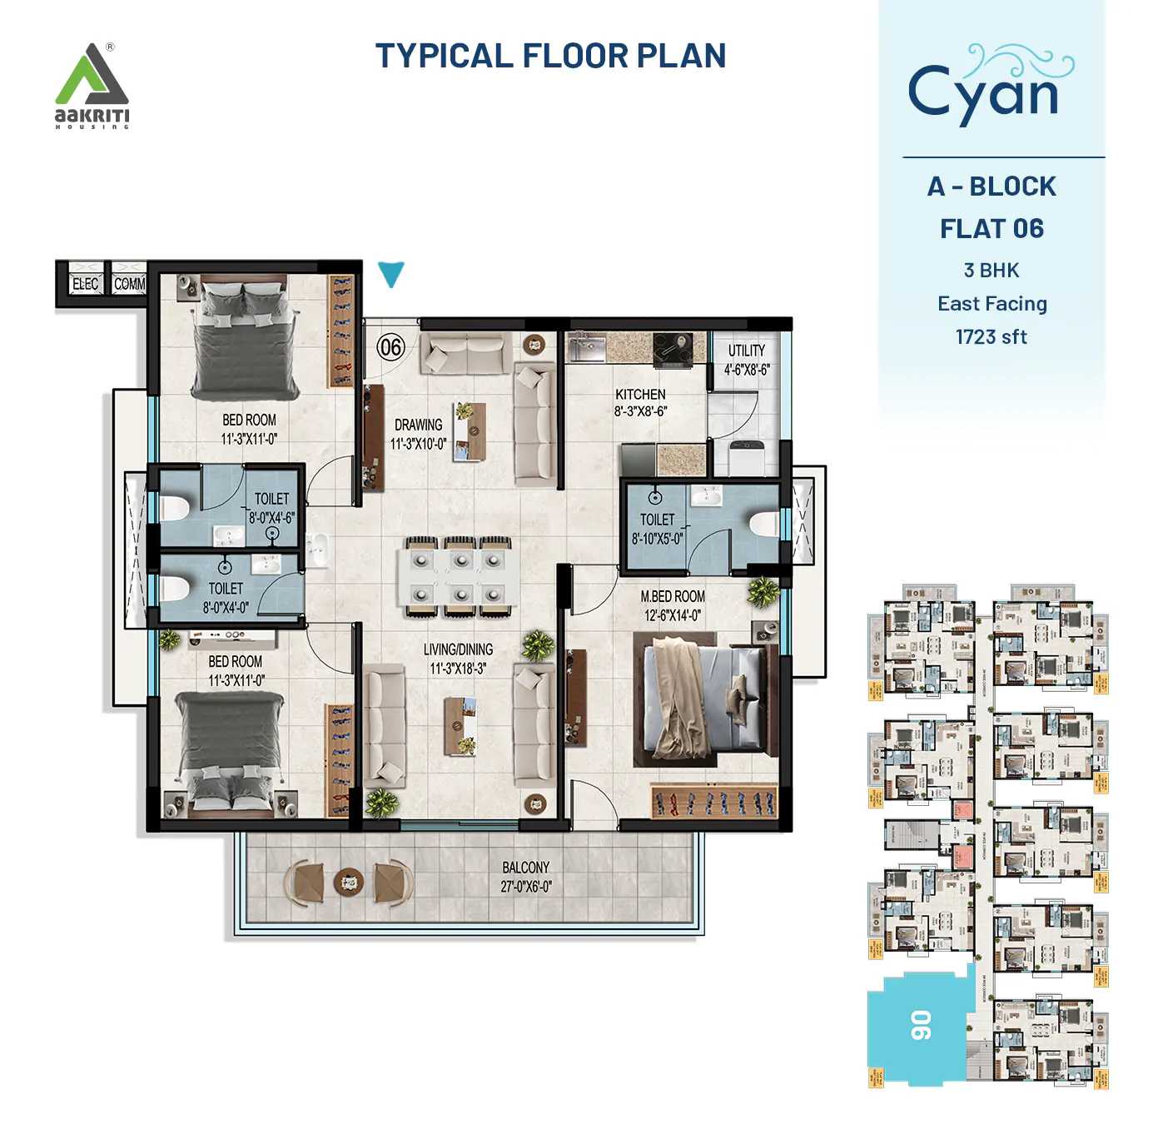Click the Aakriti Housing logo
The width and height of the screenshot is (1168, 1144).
[x=92, y=86]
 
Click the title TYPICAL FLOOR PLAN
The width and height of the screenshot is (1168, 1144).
[x=550, y=56]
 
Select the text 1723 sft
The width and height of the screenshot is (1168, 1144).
[x=991, y=337]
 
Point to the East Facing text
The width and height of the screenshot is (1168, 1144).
[x=992, y=304]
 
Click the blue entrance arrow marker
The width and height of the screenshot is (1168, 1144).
[x=390, y=273]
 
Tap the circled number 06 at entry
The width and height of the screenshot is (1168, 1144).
[x=390, y=347]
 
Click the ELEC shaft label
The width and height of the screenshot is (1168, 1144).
[x=85, y=284]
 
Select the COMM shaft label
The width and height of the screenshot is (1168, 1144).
[x=129, y=284]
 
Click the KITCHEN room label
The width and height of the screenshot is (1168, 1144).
[x=640, y=394]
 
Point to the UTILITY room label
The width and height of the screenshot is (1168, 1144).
[x=746, y=351]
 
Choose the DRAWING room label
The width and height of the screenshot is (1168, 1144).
[x=418, y=425]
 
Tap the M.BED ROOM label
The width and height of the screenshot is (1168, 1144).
[x=673, y=596]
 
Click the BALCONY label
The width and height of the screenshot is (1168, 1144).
[x=525, y=868]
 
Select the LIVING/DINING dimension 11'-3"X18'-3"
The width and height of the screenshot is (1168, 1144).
[x=458, y=669]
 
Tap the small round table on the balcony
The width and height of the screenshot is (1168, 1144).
[x=349, y=881]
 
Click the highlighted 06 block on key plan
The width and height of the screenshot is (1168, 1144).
[x=919, y=1026]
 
